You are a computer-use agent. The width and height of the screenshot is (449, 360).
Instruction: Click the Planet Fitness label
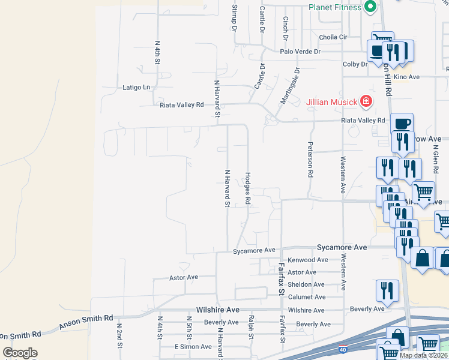335,7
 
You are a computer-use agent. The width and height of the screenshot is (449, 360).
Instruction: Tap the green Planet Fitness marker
370,7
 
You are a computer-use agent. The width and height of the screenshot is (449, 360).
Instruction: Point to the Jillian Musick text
332,101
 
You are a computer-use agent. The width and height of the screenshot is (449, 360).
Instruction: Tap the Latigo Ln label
136,88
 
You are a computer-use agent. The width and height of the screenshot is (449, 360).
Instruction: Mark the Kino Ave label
406,77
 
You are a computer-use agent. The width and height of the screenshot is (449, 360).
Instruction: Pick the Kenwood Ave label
308,260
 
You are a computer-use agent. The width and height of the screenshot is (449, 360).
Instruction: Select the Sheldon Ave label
307,284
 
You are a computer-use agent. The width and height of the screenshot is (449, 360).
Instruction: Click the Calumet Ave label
307,297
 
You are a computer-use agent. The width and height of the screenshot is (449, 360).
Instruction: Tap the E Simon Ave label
193,347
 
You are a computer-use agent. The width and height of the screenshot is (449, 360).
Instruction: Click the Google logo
20,353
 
